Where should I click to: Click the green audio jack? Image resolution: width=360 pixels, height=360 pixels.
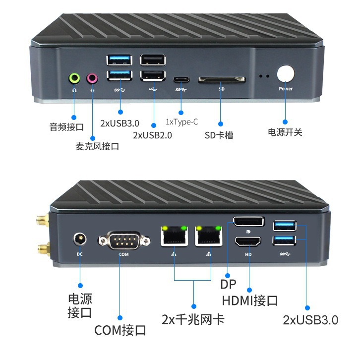[74, 78]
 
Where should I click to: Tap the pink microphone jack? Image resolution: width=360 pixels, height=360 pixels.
[92, 78]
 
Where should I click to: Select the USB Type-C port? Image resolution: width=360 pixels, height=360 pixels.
[181, 79]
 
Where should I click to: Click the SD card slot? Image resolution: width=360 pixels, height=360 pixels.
[222, 80]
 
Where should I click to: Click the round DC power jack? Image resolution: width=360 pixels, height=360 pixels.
[79, 240]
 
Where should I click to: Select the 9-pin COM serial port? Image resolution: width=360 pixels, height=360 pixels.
[123, 241]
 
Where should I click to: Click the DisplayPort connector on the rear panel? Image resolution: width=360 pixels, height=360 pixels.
[248, 222]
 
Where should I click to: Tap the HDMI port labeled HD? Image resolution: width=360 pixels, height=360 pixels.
[248, 242]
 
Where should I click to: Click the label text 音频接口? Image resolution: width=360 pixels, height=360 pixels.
[66, 126]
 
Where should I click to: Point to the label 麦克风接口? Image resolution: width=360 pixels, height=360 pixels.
[97, 146]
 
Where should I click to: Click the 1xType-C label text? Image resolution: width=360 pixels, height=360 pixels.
[181, 122]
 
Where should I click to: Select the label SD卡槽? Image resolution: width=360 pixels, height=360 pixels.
[219, 135]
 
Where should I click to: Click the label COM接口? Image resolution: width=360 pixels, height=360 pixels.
[120, 330]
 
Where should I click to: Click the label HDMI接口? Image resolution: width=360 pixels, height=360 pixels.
[249, 300]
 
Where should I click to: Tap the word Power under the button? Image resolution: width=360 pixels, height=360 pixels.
[286, 89]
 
